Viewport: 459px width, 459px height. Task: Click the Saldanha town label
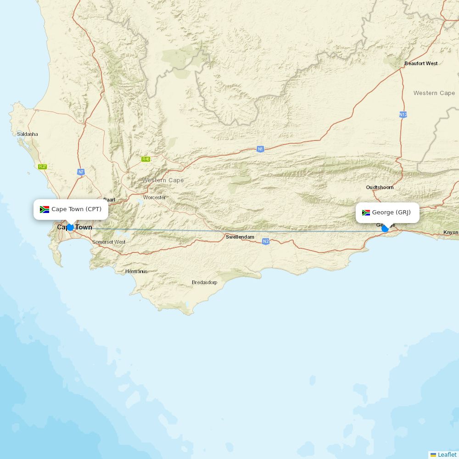coord(28,134)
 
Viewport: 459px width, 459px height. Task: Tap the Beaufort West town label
coord(421,63)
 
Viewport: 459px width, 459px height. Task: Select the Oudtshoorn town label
coord(380,187)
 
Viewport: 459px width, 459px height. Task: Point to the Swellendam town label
coord(240,237)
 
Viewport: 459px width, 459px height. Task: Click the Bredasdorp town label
coord(204,282)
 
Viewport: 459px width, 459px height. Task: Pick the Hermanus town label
coord(136,271)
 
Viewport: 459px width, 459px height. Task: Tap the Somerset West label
coord(109,242)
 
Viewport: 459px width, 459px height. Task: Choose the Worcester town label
coord(154,197)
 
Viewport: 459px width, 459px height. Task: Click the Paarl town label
coord(109,200)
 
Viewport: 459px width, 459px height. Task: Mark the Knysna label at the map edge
coord(451,232)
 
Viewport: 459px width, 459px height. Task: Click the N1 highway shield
coord(260,149)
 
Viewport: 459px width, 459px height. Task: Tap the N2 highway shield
coord(266,241)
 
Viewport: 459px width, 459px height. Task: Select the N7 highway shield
coord(81,172)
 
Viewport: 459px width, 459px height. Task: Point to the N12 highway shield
coord(403,114)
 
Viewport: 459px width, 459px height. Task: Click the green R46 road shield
coord(146,159)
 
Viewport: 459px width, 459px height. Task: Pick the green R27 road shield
coord(43,167)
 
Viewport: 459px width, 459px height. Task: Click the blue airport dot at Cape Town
coord(70,227)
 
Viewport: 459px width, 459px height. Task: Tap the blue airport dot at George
coord(385,229)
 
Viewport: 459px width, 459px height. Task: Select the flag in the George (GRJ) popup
coord(366,213)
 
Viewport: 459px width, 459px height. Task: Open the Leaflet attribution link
coord(447,454)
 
